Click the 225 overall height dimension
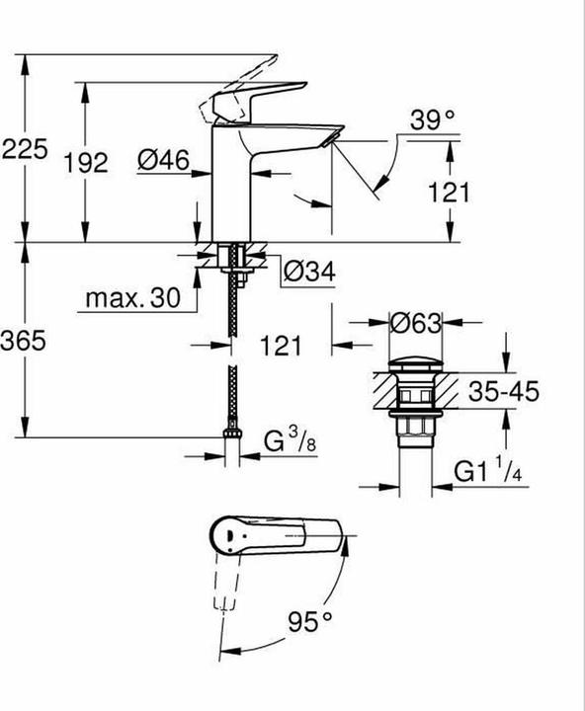coord(25,149)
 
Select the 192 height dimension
coord(86,162)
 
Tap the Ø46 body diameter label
coord(163,160)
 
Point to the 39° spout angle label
coord(432,120)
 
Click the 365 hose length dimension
coord(23,340)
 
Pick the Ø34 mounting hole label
coord(309,272)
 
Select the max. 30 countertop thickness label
coord(133,298)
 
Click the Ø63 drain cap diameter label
coord(416,323)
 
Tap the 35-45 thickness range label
coord(504,391)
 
